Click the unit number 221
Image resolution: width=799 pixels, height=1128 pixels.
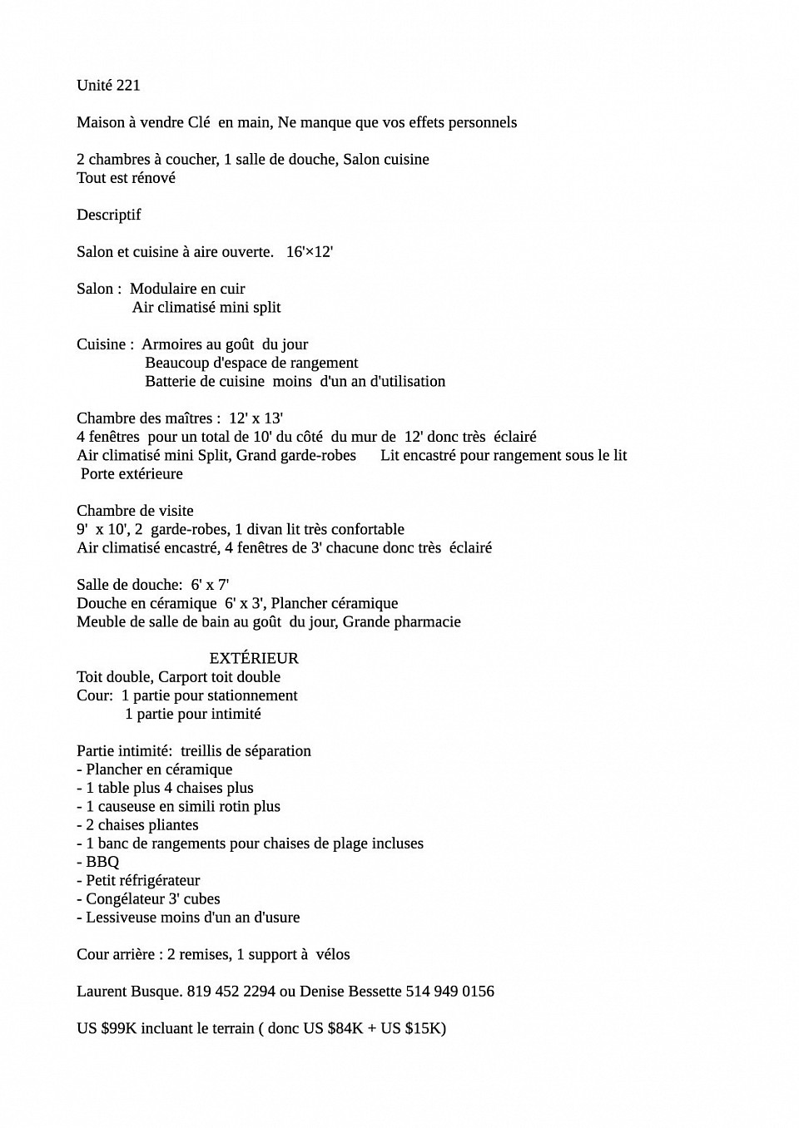click(x=128, y=86)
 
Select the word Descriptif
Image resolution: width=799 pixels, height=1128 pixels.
click(x=109, y=215)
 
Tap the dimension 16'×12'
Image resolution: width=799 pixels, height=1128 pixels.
click(x=310, y=252)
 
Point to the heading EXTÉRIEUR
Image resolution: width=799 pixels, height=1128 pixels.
click(x=254, y=658)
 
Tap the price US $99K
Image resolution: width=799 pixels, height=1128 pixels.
click(x=107, y=1029)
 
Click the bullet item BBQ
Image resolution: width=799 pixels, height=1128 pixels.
click(x=102, y=862)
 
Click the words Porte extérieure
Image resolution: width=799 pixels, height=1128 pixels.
click(x=132, y=474)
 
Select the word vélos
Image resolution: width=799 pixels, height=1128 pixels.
click(x=333, y=955)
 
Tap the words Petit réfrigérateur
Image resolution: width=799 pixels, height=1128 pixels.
click(x=143, y=881)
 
